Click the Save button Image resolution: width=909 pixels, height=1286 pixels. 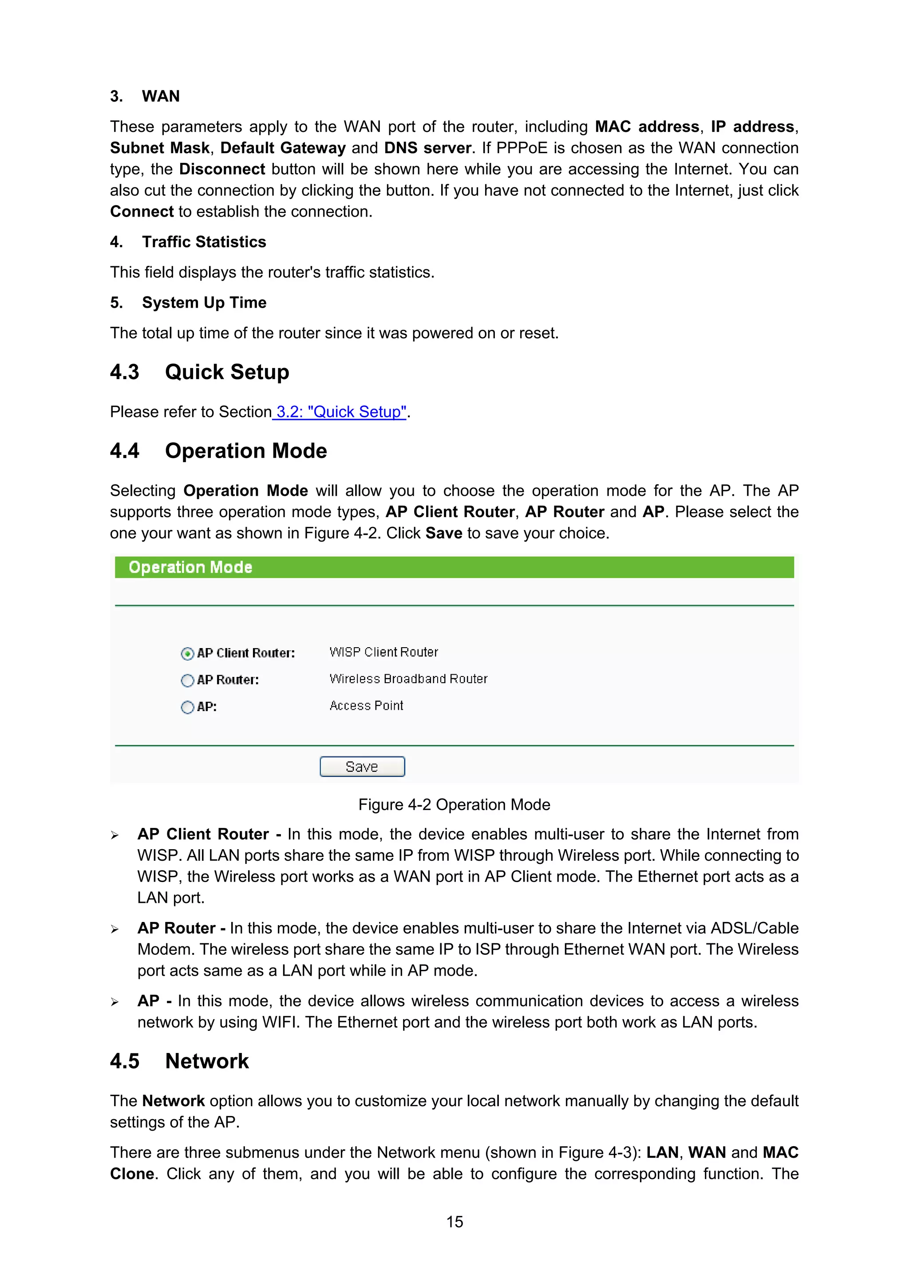click(x=362, y=766)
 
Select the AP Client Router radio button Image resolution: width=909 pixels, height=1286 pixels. click(x=187, y=653)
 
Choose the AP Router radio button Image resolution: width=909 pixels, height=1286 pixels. click(x=187, y=680)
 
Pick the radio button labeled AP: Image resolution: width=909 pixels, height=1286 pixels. click(x=187, y=707)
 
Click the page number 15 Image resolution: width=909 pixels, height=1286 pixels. click(x=454, y=1222)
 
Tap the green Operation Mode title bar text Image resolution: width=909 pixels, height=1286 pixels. click(x=190, y=567)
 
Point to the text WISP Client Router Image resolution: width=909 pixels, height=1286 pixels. click(x=383, y=652)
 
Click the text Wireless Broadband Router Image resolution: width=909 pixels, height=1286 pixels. click(x=408, y=679)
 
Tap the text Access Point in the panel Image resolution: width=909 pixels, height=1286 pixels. click(x=366, y=706)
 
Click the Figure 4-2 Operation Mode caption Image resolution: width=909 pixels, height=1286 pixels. click(x=454, y=805)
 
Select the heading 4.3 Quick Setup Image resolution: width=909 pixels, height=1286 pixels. click(x=199, y=372)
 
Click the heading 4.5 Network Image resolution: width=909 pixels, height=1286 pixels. click(x=179, y=1061)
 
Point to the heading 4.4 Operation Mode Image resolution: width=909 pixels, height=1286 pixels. click(x=218, y=451)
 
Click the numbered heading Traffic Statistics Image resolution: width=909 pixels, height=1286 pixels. click(x=204, y=242)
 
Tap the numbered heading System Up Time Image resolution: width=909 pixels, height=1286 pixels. click(x=204, y=302)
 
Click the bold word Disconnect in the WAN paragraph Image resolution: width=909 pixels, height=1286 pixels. click(x=222, y=169)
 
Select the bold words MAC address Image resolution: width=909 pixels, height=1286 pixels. click(x=647, y=127)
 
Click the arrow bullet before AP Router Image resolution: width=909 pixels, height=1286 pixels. click(x=115, y=929)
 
